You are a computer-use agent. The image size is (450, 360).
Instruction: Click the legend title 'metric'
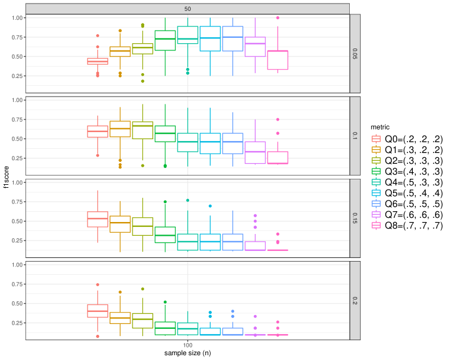point(382,127)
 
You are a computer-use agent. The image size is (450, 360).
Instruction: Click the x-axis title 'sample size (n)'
point(188,353)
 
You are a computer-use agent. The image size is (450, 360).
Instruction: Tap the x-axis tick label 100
point(188,346)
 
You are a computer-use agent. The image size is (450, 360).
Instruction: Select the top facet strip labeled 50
point(188,8)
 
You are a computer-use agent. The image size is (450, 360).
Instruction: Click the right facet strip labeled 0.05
point(356,53)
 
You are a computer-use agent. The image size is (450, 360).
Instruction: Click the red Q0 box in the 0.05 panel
point(97,61)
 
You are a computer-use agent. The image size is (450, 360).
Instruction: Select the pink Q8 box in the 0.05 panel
point(277,60)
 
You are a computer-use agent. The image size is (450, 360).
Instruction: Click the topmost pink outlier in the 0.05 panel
point(277,18)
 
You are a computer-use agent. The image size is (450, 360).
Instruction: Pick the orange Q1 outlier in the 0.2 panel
point(120,292)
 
